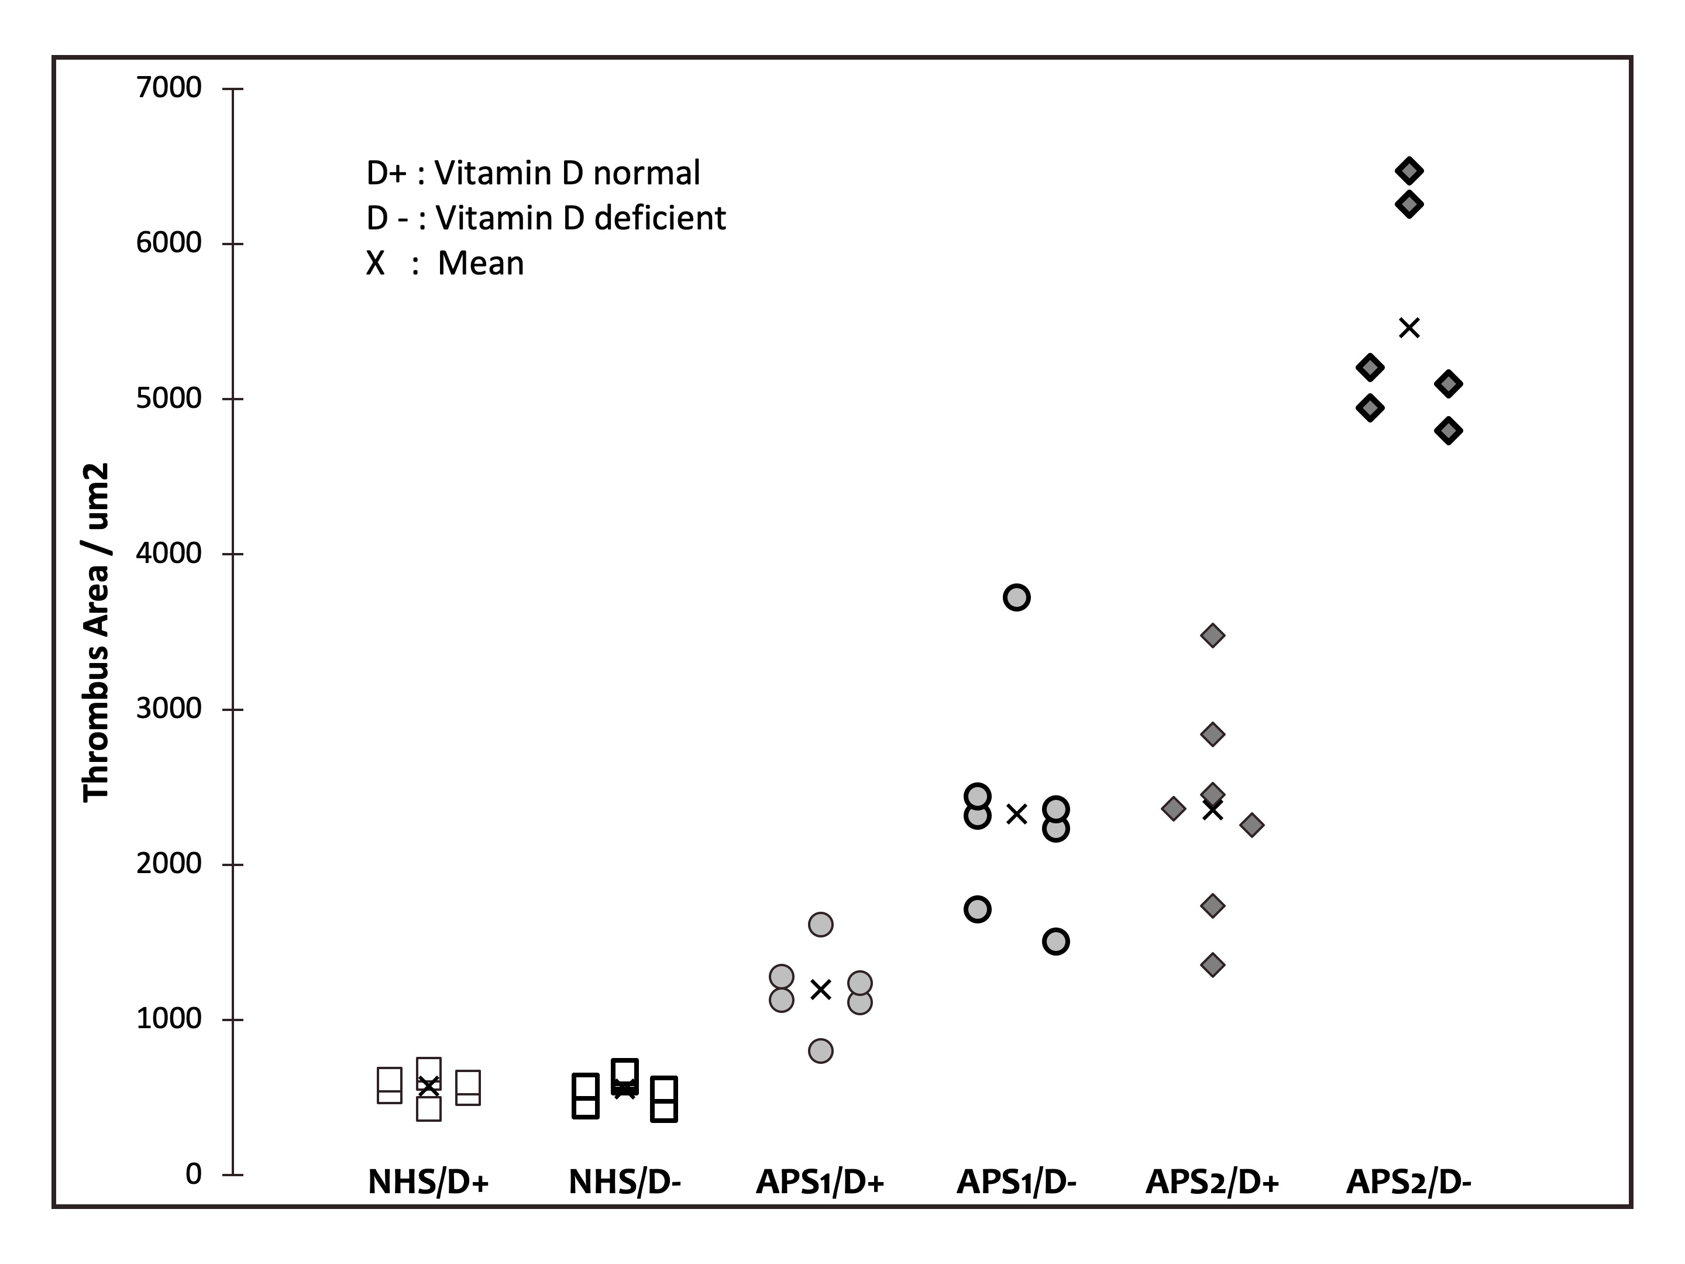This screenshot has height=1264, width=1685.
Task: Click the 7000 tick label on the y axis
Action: [x=168, y=88]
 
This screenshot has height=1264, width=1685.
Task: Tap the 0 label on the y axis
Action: [x=194, y=1174]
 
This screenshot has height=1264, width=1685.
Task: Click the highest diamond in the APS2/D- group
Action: [x=1409, y=171]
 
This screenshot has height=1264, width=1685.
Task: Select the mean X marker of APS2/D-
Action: [x=1409, y=328]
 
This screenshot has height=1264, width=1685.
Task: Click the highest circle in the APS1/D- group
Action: [x=1017, y=597]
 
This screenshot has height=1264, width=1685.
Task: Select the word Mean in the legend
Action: [x=481, y=263]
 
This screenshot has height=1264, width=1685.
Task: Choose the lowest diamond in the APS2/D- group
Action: [x=1448, y=431]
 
